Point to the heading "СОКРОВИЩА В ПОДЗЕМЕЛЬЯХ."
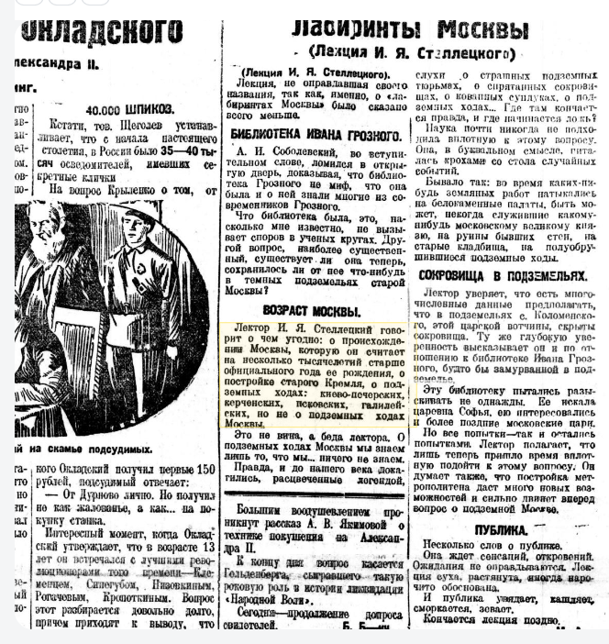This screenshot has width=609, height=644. click(x=502, y=274)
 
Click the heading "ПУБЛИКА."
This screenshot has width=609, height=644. click(x=501, y=530)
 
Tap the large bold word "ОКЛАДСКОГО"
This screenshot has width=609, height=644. click(x=101, y=31)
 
